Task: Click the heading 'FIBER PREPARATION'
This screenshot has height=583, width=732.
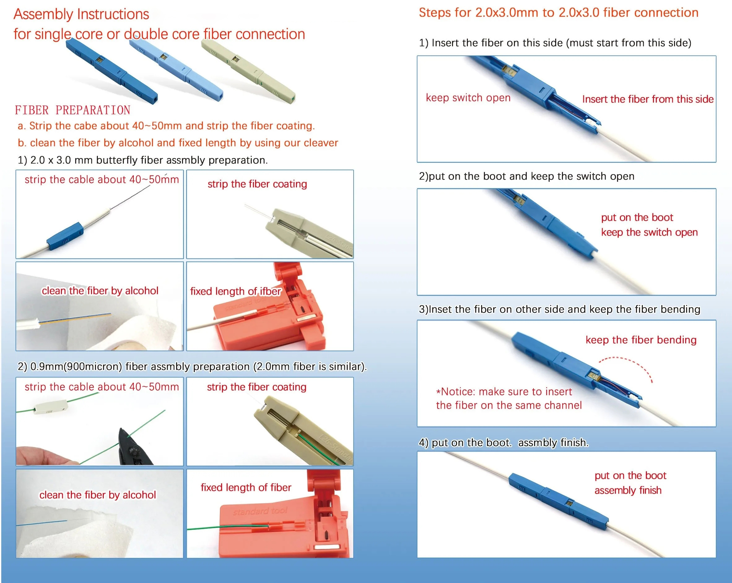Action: pyautogui.click(x=72, y=110)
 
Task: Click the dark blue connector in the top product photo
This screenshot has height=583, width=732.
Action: pyautogui.click(x=112, y=71)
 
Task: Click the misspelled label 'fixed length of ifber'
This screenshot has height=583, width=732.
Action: pyautogui.click(x=236, y=291)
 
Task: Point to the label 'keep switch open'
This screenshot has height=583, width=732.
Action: pyautogui.click(x=468, y=98)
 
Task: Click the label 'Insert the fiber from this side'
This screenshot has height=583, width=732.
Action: pyautogui.click(x=648, y=99)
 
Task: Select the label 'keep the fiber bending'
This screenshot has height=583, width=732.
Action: pyautogui.click(x=641, y=340)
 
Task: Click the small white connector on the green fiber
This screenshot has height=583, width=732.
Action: pyautogui.click(x=50, y=406)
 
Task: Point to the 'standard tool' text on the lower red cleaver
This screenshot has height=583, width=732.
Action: pyautogui.click(x=260, y=511)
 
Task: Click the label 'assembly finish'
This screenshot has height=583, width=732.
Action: pyautogui.click(x=628, y=490)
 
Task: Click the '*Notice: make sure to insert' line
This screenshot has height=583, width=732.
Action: pyautogui.click(x=504, y=392)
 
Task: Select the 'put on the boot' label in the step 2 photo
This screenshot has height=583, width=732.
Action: pyautogui.click(x=637, y=217)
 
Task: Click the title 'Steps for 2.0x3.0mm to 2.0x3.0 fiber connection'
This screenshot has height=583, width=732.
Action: pyautogui.click(x=559, y=13)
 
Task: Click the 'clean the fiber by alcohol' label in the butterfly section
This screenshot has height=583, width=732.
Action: pyautogui.click(x=100, y=291)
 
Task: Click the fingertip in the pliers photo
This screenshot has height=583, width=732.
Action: pyautogui.click(x=44, y=456)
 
